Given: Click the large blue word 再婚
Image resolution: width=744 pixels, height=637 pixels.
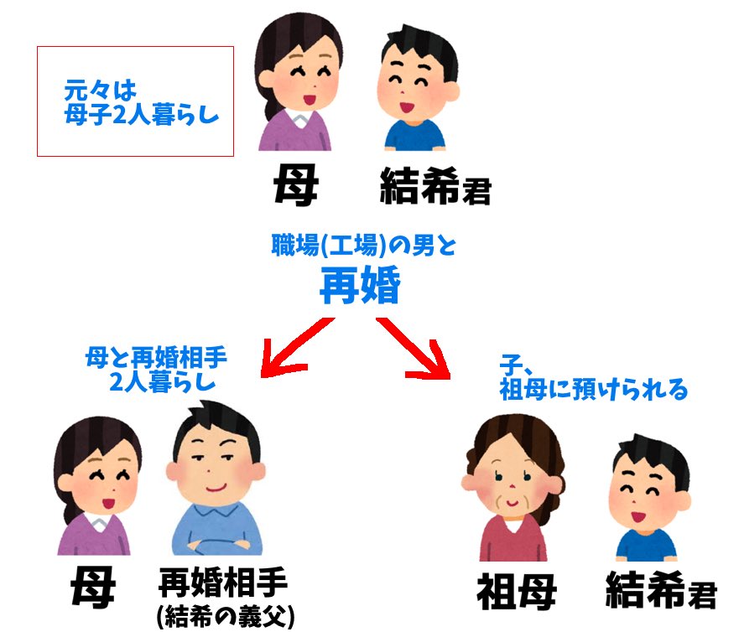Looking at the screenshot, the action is point(360,284).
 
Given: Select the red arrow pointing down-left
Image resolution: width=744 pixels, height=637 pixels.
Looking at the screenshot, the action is point(298,347).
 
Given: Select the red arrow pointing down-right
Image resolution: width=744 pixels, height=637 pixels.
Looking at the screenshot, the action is point(414,348).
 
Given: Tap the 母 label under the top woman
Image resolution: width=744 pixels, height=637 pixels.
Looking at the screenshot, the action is point(295,184).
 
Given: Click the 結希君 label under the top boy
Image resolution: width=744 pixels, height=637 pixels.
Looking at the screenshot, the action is point(435,186).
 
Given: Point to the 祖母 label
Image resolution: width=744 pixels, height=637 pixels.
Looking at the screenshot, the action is point(517,591).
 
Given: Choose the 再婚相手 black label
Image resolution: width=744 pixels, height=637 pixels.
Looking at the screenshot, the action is point(223,583).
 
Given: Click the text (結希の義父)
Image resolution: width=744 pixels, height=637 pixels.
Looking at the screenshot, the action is point(226,617).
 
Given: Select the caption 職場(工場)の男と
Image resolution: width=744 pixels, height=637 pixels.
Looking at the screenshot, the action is point(364,246).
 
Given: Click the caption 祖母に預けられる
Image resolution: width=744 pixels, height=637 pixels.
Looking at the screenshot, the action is point(593,390).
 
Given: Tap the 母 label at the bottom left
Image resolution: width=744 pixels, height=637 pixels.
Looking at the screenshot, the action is point(93,588).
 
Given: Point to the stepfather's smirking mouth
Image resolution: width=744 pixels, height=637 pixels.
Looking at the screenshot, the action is point(216,488).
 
